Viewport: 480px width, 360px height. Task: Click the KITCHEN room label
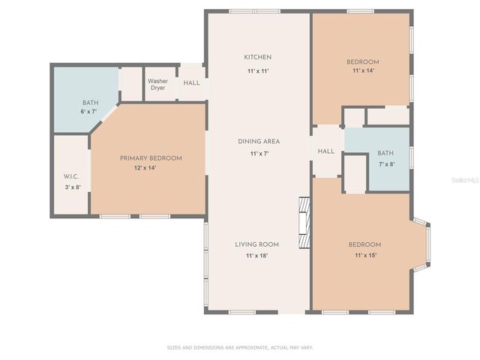257,57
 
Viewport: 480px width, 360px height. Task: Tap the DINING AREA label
259,141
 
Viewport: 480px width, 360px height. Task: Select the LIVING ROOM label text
257,244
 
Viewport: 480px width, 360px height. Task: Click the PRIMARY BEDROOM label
151,158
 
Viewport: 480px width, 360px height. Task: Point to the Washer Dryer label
157,84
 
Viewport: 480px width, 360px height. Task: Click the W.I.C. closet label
71,176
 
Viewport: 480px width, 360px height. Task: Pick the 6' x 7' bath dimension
89,112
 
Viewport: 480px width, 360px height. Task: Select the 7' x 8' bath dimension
385,163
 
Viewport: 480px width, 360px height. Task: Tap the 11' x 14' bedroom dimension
362,71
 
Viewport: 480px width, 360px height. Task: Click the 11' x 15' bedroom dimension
364,256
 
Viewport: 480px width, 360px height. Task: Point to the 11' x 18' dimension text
257,256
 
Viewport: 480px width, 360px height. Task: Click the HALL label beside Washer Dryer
191,82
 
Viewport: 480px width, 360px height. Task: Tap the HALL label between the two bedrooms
326,151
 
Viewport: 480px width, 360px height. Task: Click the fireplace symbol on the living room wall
304,223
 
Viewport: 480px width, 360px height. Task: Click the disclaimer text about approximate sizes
239,347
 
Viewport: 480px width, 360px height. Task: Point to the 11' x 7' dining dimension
259,153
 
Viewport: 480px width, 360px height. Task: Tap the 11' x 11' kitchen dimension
257,70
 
